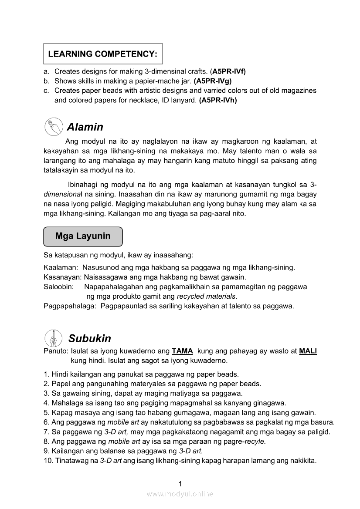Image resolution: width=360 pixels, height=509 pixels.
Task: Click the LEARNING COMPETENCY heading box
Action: click(x=103, y=54)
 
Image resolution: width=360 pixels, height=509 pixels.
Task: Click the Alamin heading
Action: click(x=85, y=127)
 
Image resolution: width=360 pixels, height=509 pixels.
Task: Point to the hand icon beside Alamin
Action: click(x=53, y=127)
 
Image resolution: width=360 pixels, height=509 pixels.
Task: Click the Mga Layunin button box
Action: click(x=83, y=236)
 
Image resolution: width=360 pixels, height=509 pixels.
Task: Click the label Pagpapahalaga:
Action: click(x=70, y=306)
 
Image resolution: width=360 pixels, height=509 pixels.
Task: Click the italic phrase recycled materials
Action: click(x=206, y=296)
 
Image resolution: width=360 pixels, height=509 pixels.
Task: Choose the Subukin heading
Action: click(x=89, y=338)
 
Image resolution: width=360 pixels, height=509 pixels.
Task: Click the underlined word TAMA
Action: click(x=182, y=351)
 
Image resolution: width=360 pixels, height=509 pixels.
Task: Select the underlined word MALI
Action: click(x=308, y=351)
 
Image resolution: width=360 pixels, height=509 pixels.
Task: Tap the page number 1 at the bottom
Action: click(x=180, y=484)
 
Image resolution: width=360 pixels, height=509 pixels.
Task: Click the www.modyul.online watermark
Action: click(x=180, y=494)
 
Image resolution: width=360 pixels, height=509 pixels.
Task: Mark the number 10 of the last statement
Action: click(x=48, y=460)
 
